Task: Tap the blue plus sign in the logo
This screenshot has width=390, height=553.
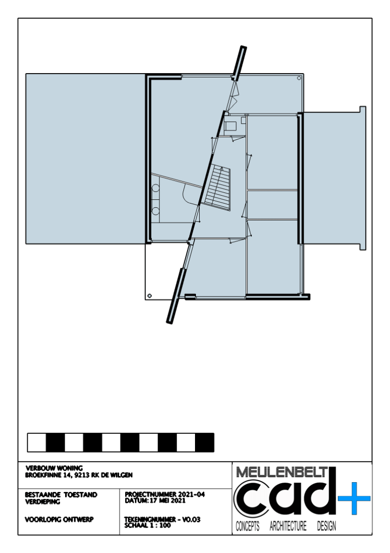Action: [x=354, y=498]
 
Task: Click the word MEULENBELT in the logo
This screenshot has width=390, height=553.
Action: [x=282, y=472]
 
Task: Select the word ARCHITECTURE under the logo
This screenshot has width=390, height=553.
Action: [x=288, y=526]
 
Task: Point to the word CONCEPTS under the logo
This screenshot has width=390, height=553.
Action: [x=247, y=526]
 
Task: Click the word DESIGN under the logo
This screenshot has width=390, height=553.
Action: [x=326, y=526]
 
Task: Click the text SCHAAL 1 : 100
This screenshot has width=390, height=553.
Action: [x=147, y=525]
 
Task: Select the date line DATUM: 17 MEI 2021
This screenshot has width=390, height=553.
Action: [x=155, y=500]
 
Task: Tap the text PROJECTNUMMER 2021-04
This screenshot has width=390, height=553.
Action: [x=165, y=494]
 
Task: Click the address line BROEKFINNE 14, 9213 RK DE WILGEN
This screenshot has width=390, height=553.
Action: [x=79, y=475]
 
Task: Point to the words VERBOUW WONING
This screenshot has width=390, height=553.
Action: [x=54, y=469]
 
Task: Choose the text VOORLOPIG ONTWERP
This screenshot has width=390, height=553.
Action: [x=59, y=520]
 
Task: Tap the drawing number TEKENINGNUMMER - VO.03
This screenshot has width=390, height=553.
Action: [x=162, y=520]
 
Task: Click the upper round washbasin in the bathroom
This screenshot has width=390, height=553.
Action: [x=155, y=188]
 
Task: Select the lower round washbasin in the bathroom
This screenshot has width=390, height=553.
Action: [x=155, y=211]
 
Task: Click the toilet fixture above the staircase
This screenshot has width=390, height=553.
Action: [x=231, y=126]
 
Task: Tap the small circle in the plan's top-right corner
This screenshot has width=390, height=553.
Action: [x=299, y=78]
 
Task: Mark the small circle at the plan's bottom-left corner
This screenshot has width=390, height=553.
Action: [x=150, y=295]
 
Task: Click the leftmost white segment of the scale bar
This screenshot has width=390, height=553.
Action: [x=37, y=443]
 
